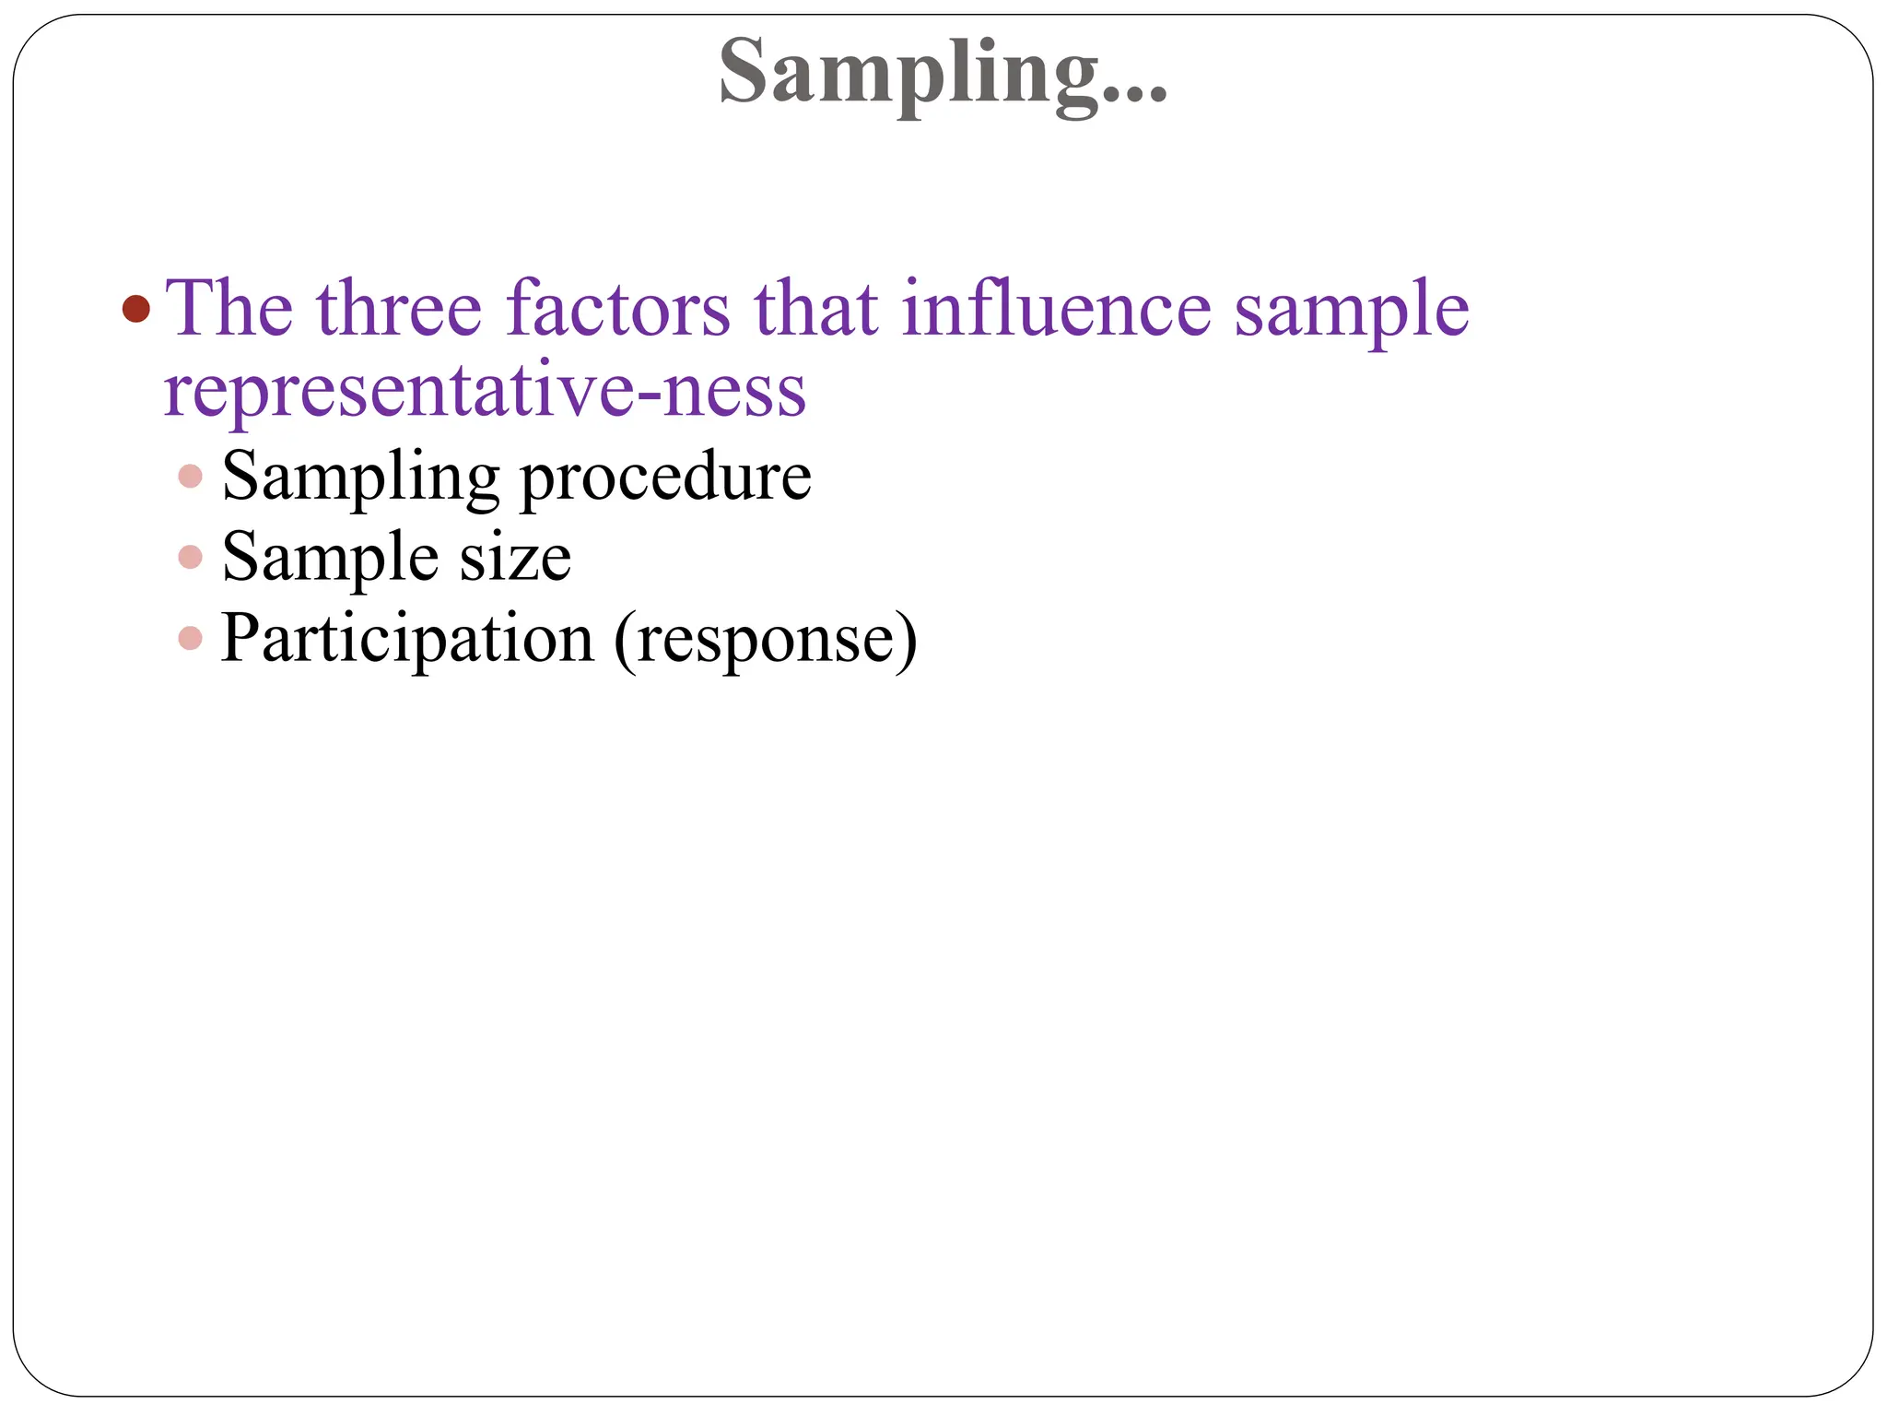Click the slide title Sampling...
click(908, 74)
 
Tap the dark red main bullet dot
click(135, 308)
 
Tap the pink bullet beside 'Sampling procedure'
click(191, 477)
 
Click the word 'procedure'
click(665, 478)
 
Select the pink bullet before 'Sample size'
click(191, 558)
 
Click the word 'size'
click(515, 559)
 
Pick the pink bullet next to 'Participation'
click(191, 638)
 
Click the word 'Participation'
click(407, 640)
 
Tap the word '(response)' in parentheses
click(766, 640)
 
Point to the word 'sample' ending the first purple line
click(1352, 312)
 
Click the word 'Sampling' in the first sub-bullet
click(360, 478)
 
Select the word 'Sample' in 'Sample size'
click(330, 559)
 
